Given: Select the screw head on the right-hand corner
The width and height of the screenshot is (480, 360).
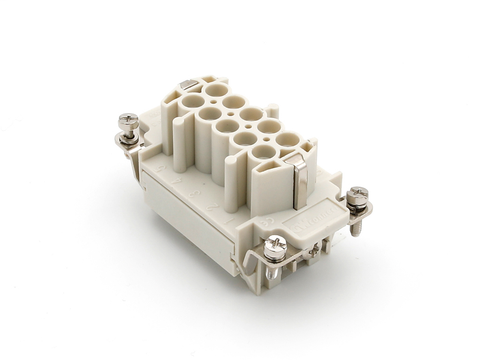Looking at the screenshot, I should [x=357, y=194].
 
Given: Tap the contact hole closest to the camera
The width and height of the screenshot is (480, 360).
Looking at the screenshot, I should [x=265, y=159].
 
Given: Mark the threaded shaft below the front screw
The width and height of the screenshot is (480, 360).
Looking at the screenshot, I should [x=278, y=262].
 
